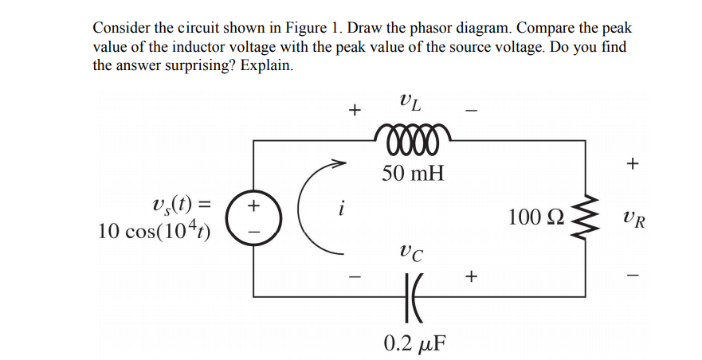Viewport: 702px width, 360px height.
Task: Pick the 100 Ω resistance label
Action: coord(537,217)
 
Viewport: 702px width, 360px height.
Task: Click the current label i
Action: coord(340,211)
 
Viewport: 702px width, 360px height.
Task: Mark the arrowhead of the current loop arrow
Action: coord(343,165)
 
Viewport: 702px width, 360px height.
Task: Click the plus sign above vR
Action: coord(633,164)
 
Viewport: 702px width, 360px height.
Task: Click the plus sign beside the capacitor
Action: coord(471,276)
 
